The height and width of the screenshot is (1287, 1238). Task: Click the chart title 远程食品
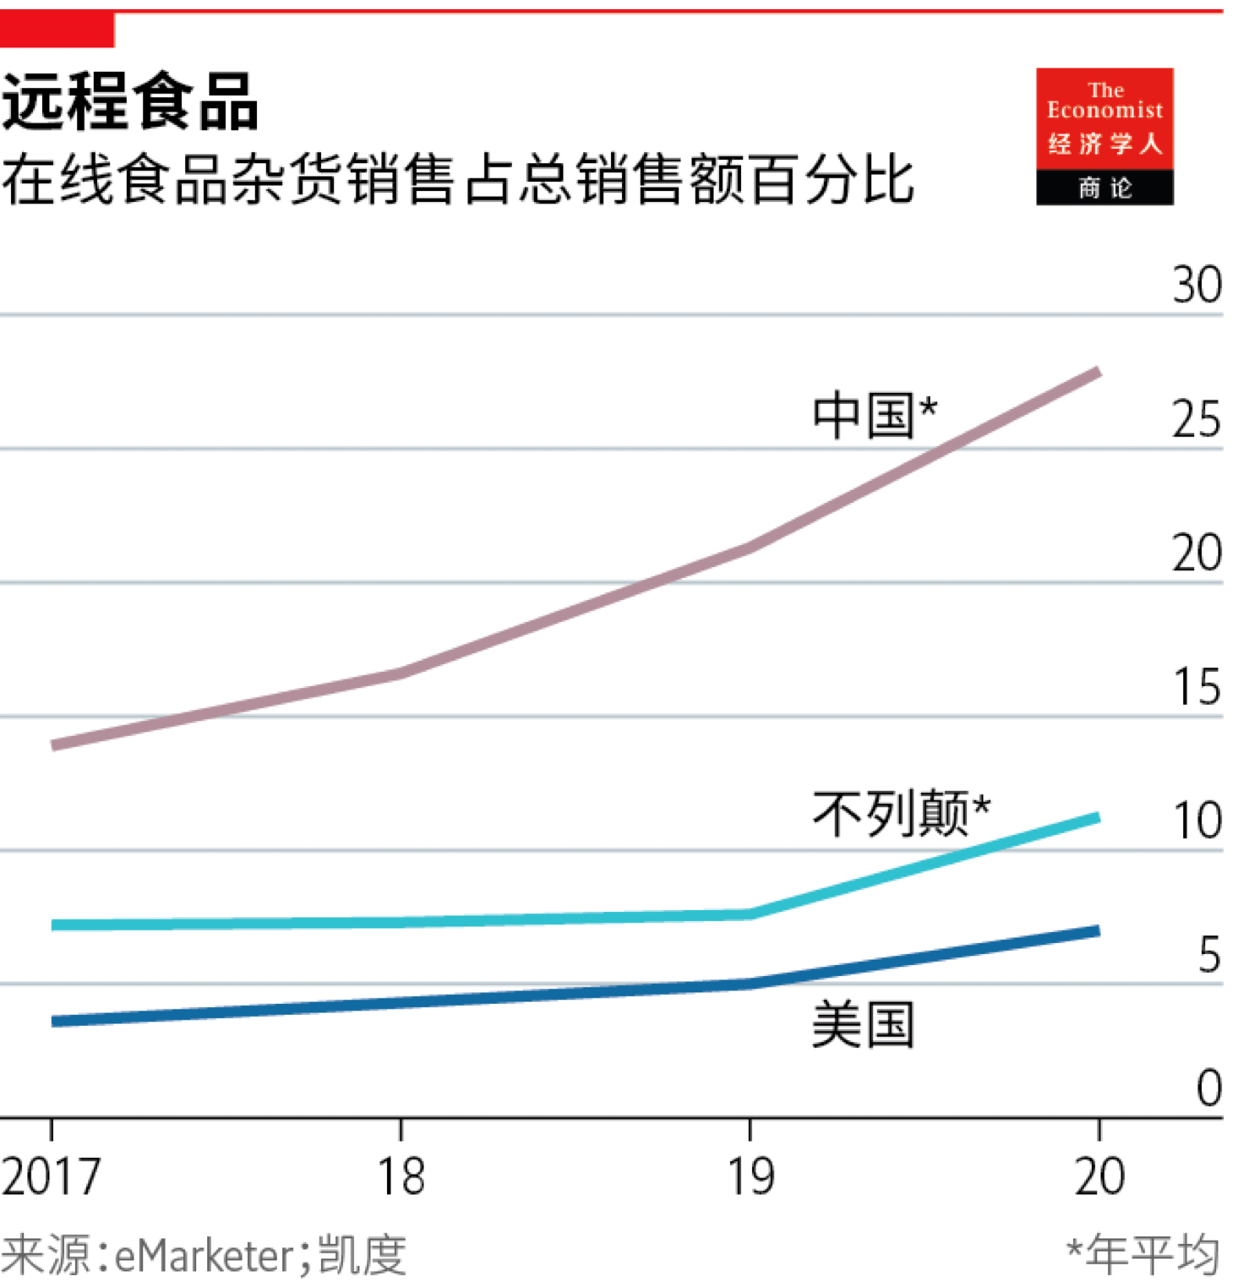tap(130, 101)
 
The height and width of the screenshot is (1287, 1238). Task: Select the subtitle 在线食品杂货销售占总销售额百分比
tap(457, 180)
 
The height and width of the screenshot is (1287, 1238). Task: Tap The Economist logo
tap(1104, 136)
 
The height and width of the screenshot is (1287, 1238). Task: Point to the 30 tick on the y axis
tap(1197, 286)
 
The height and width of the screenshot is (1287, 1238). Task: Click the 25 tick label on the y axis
tap(1197, 420)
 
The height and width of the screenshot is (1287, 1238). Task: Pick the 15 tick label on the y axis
tap(1197, 687)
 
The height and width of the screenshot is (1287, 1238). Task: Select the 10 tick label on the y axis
tap(1197, 821)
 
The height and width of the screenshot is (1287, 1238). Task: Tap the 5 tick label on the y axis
tap(1209, 956)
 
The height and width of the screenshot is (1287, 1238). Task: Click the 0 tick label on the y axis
tap(1209, 1088)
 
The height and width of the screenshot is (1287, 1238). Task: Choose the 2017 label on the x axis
tap(51, 1176)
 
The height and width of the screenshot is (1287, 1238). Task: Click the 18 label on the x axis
tap(401, 1176)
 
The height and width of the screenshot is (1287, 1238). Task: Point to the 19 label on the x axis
tap(750, 1176)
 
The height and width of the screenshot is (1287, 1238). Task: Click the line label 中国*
tap(875, 415)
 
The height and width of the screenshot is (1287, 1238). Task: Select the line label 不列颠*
tap(901, 814)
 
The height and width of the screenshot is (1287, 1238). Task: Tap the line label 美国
tap(863, 1025)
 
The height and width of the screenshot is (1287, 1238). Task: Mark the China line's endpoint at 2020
tap(1097, 372)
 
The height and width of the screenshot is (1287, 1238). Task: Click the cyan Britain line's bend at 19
tap(750, 914)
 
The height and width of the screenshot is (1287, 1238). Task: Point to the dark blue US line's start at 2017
tap(54, 1021)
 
